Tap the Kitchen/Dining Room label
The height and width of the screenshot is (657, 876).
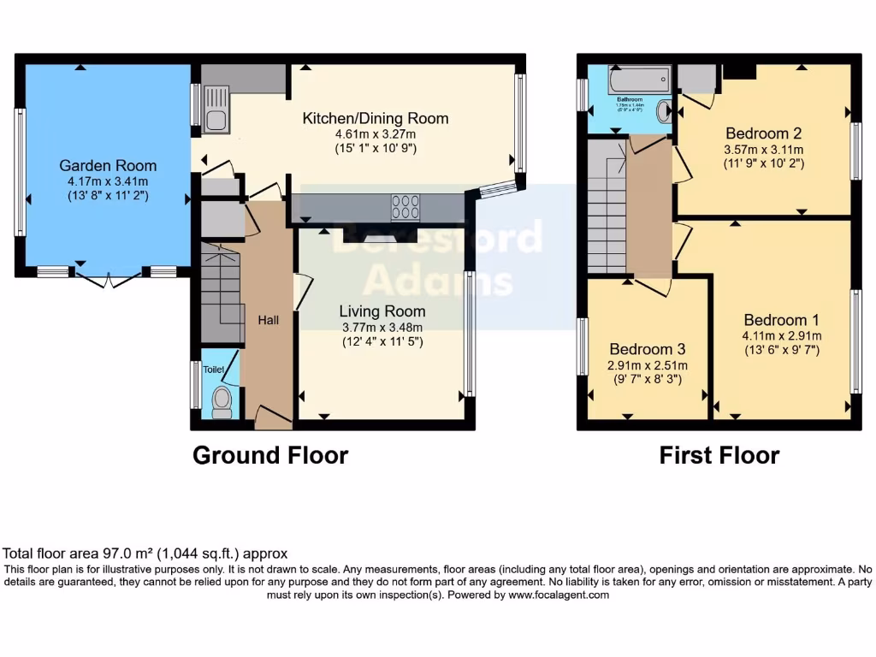point(376,118)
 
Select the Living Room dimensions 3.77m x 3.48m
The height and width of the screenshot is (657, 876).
point(382,327)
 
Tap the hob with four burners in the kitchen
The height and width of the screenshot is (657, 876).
point(405,207)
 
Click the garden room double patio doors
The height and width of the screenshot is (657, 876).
point(109,277)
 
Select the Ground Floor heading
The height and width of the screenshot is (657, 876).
point(270,455)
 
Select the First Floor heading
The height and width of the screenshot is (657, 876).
point(719,455)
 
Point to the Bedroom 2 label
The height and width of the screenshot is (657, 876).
point(763,133)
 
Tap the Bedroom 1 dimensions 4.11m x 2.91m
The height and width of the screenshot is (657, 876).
point(781,336)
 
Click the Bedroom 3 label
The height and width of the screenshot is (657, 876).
point(647,349)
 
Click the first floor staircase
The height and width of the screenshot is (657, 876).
point(607,205)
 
